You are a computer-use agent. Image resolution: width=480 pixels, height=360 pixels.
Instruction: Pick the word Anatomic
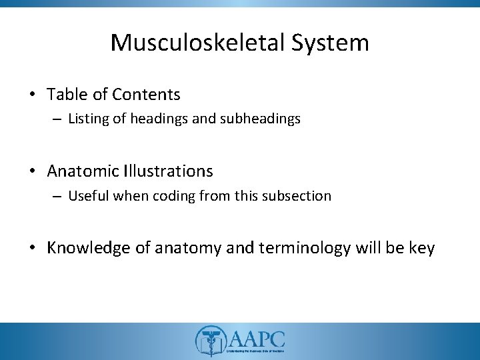point(83,171)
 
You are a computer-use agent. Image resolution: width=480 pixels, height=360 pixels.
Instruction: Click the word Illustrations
point(168,171)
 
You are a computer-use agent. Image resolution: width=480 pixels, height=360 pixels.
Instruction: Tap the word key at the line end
point(421,248)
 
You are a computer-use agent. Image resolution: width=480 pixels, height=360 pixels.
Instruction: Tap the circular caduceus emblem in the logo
point(209,341)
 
